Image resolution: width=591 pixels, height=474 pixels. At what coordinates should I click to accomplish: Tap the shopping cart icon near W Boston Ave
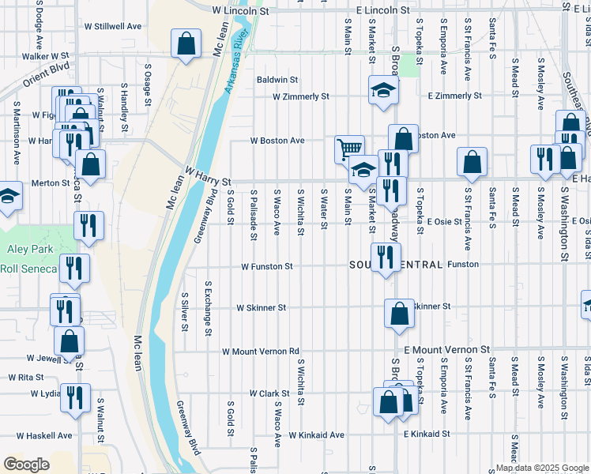click(349, 148)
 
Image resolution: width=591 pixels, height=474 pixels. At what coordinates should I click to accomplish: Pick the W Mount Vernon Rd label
click(261, 351)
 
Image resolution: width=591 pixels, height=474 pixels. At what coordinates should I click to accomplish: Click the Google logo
click(26, 464)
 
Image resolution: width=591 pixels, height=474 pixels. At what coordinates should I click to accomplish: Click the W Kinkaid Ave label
click(316, 434)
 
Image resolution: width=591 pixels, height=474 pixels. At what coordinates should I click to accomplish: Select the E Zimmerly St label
click(454, 96)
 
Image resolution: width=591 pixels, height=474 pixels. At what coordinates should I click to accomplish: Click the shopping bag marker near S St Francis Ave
click(472, 162)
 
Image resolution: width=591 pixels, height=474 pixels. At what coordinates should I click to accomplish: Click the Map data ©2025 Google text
click(542, 468)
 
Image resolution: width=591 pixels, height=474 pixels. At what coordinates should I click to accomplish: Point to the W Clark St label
click(270, 393)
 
